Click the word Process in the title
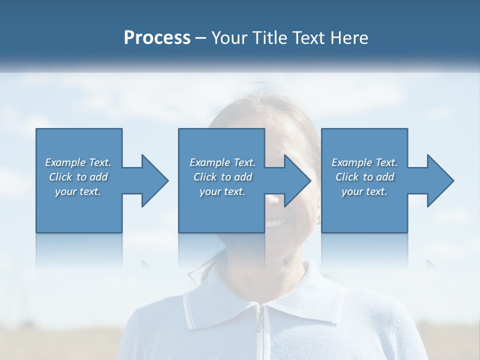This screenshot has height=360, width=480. (157, 38)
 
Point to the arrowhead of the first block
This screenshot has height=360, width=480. (154, 181)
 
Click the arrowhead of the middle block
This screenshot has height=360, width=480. (297, 181)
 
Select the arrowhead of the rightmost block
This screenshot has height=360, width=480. (440, 181)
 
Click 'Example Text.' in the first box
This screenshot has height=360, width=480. (78, 162)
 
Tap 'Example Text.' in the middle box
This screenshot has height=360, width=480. (222, 162)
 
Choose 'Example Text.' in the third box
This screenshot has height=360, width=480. (364, 162)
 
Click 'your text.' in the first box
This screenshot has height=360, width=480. (78, 191)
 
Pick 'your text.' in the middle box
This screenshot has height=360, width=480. (222, 191)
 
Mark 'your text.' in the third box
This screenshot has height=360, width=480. (364, 191)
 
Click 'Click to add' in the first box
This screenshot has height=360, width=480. (78, 177)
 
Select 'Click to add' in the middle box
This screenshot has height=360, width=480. (222, 177)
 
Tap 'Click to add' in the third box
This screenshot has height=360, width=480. (364, 177)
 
